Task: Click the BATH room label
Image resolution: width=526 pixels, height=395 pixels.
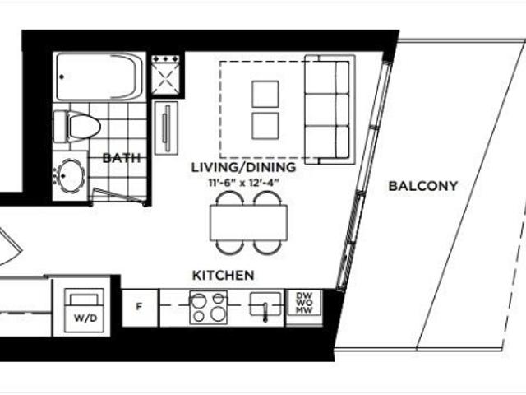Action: (122, 158)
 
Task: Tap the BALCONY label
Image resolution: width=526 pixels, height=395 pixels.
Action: (423, 186)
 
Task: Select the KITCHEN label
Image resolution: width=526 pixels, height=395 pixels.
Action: (223, 276)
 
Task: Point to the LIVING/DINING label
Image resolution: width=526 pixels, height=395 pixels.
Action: (243, 167)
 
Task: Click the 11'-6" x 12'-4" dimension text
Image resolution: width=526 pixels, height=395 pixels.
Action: (243, 183)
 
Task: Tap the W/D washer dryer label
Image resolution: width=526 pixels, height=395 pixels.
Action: (85, 318)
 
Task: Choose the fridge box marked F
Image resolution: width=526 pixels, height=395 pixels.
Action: (140, 308)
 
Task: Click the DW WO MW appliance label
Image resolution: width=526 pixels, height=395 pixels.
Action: (304, 303)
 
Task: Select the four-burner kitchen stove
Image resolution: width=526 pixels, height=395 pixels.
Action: (208, 307)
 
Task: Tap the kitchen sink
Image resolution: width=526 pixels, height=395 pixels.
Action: (265, 304)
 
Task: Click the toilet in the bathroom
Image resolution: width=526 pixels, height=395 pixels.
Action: (77, 127)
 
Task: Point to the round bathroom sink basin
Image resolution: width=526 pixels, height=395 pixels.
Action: (71, 175)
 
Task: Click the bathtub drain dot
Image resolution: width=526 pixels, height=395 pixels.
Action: (62, 77)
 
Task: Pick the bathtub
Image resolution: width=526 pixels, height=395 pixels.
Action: (97, 77)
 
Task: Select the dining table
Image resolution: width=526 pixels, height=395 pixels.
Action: (248, 223)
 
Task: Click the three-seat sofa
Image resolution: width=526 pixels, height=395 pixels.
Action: (330, 109)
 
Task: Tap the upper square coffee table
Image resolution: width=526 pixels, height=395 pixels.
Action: (265, 94)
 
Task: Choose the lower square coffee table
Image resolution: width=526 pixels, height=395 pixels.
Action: (265, 126)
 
